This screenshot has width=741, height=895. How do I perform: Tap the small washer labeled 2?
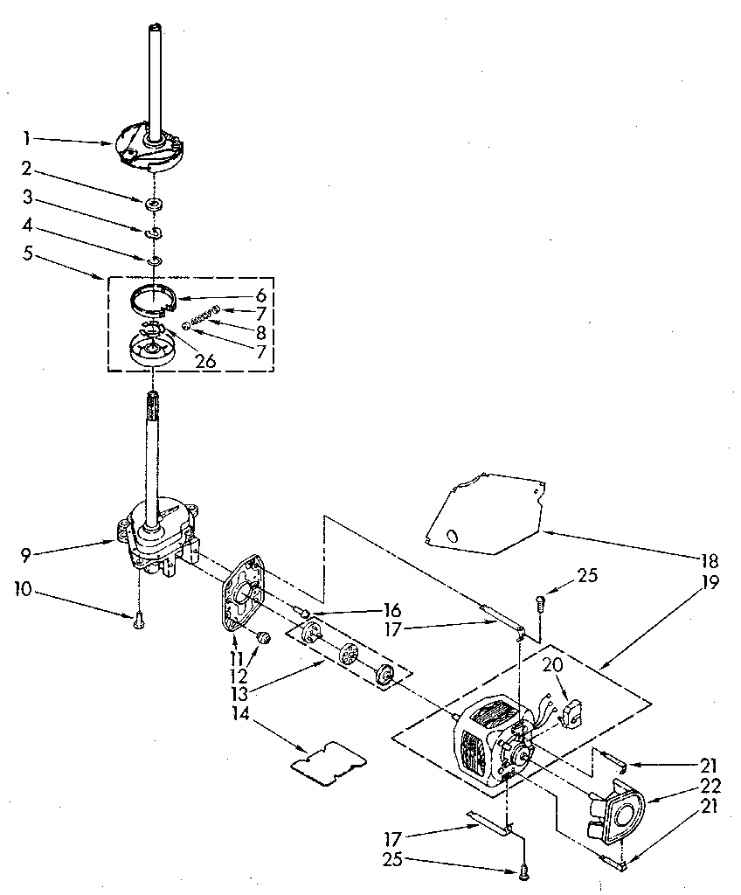pos(155,205)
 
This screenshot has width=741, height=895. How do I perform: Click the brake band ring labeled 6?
pos(155,300)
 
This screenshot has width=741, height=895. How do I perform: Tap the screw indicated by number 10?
pos(139,622)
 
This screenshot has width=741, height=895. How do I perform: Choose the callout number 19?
pos(710,583)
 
